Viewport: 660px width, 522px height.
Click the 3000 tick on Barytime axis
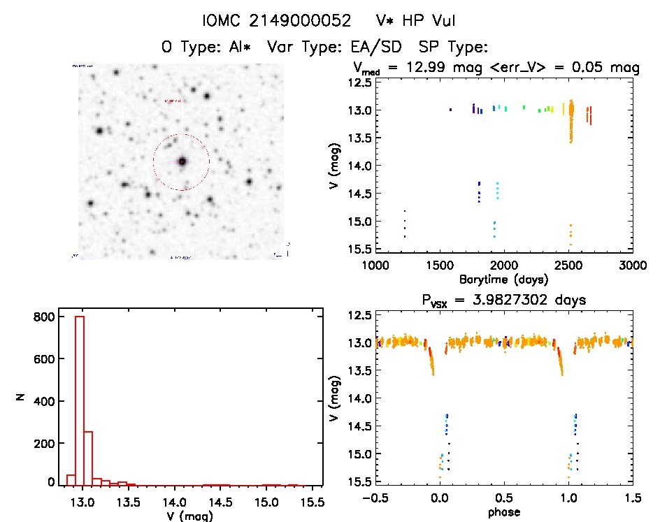(632, 266)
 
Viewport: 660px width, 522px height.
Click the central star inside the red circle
(182, 161)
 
